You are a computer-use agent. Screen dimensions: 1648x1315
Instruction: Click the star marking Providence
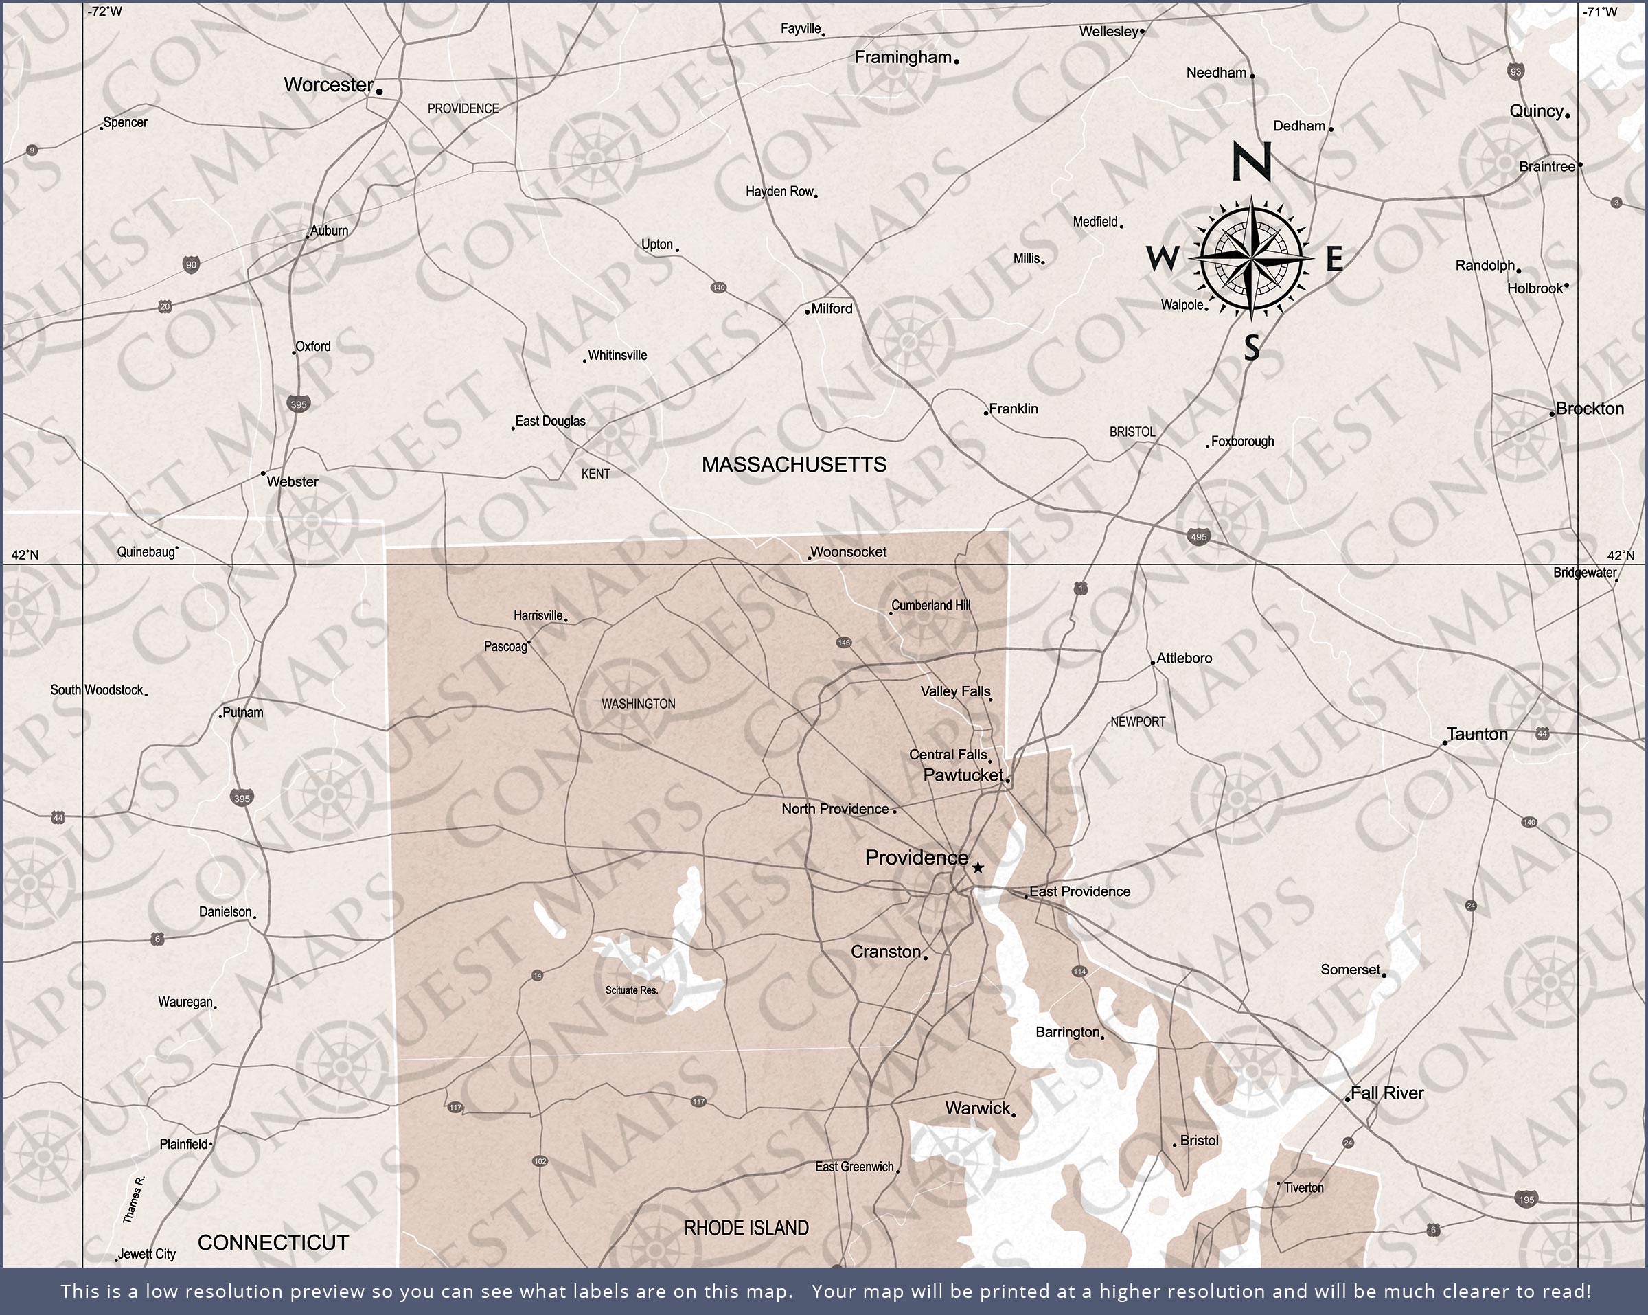tap(978, 868)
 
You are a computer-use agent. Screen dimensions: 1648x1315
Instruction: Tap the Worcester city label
tap(329, 85)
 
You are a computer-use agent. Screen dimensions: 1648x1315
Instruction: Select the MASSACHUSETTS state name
tap(794, 464)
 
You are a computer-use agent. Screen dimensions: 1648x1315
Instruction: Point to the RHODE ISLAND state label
tap(746, 1228)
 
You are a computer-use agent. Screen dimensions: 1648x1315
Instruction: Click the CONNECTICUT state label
tap(273, 1242)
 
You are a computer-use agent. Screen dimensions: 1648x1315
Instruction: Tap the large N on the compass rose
tap(1251, 161)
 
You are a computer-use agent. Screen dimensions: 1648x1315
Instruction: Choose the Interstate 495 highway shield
tap(1198, 537)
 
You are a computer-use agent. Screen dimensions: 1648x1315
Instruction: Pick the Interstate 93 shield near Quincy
tap(1515, 71)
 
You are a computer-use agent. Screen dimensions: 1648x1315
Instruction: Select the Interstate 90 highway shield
tap(191, 265)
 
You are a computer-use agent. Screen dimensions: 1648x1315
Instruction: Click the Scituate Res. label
tap(631, 990)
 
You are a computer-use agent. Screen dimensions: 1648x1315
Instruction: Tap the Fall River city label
tap(1386, 1093)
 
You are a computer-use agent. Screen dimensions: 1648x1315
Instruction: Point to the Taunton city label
tap(1477, 734)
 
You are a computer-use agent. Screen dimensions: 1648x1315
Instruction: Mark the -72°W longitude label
tap(105, 12)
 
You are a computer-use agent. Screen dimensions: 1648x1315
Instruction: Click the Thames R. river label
tap(134, 1199)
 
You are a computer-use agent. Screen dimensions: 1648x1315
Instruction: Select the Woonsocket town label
tap(849, 552)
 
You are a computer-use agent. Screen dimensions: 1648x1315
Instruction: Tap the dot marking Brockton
tap(1553, 414)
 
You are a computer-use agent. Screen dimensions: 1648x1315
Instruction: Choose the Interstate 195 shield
tap(1526, 1199)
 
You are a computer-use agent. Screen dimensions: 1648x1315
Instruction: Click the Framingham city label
tap(903, 58)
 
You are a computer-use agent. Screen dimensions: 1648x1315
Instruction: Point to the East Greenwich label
tap(854, 1167)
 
